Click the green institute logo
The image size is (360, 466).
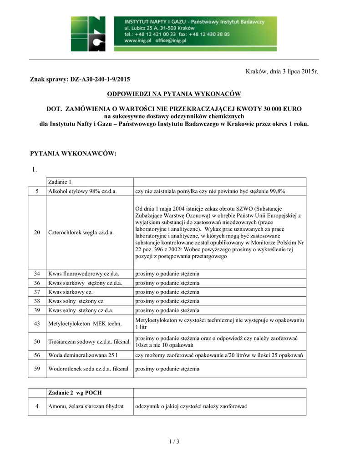[x=88, y=34]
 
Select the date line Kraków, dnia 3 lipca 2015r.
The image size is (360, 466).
[x=282, y=71]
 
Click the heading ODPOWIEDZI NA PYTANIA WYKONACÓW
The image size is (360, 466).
[x=174, y=94]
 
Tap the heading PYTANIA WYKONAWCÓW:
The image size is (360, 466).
[x=73, y=154]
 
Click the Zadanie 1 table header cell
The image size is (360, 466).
[x=60, y=182]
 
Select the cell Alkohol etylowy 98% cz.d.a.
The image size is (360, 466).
[x=83, y=192]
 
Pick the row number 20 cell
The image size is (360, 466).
[x=37, y=233]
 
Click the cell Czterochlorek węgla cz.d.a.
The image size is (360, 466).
[x=81, y=233]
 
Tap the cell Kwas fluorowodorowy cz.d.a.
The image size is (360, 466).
[x=84, y=274]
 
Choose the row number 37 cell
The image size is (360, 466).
[x=37, y=292]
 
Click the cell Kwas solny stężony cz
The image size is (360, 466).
[x=76, y=301]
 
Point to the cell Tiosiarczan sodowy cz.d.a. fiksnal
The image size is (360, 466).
[x=89, y=341]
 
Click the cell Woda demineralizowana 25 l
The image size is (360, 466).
[x=82, y=355]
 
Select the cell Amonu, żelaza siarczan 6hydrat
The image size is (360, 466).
[x=86, y=406]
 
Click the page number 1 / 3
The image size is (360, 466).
[x=174, y=441]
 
